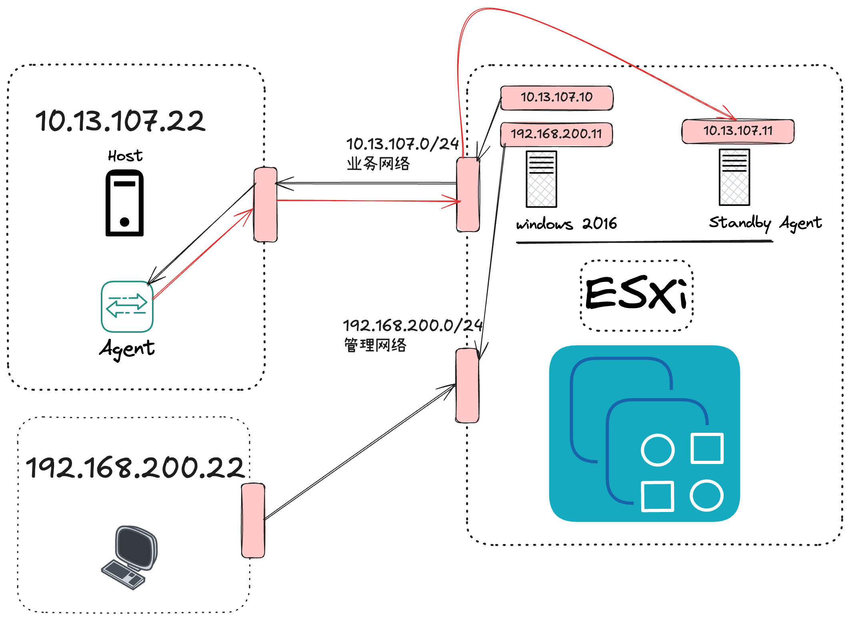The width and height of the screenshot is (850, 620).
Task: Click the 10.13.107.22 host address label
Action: tap(120, 121)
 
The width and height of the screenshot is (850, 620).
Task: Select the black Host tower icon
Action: tap(124, 203)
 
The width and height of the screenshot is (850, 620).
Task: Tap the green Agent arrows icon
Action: tap(127, 306)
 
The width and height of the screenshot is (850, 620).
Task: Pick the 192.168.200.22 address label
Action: tap(135, 468)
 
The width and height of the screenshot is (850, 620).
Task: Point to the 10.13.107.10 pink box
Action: tap(556, 97)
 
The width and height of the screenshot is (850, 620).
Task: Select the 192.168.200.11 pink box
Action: tap(556, 134)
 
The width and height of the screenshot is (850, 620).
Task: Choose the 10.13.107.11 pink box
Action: tap(738, 131)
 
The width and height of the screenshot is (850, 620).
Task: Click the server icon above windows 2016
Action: tap(541, 179)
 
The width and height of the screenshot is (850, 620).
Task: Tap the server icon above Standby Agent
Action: tap(734, 177)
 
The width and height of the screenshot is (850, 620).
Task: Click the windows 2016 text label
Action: tap(566, 224)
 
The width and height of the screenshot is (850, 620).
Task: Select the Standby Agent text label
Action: tap(765, 222)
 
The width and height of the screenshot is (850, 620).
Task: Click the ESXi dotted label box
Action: tap(636, 295)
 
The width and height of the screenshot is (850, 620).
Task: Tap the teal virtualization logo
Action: tap(644, 434)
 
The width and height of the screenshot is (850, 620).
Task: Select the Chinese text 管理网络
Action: tap(375, 345)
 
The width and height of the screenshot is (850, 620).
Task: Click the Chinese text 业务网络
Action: tap(378, 164)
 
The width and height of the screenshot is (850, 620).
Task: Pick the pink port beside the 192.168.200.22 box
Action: tap(253, 520)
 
